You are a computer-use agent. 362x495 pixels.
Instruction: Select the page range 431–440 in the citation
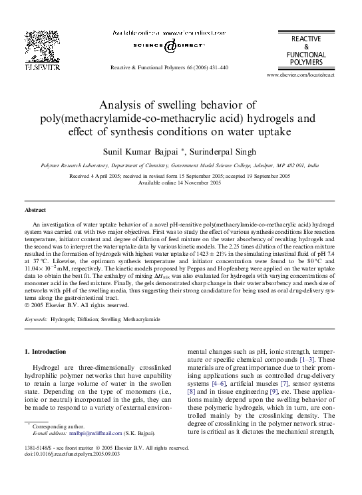pos(216,68)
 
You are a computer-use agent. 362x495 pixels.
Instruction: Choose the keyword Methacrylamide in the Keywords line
pos(141,320)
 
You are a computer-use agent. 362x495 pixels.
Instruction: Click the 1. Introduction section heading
pos(45,350)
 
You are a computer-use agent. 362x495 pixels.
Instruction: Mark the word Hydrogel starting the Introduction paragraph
pos(47,367)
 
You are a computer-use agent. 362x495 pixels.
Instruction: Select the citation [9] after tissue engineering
pos(275,393)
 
